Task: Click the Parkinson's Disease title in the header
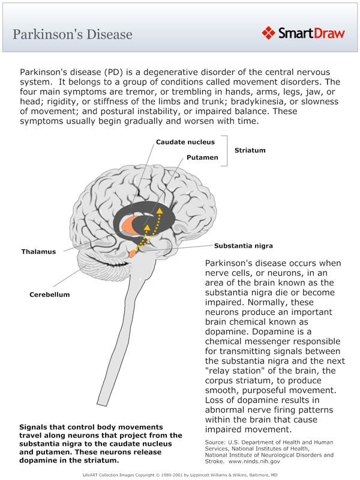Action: pos(73,34)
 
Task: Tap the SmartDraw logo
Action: pos(303,33)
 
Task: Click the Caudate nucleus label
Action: pos(181,142)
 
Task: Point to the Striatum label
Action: pos(250,150)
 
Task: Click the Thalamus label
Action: pos(38,251)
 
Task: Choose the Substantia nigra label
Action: pos(244,246)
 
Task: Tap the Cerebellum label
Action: pos(50,295)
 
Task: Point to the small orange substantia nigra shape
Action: pos(133,253)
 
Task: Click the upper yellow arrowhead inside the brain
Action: pos(160,210)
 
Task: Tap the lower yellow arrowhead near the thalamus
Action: pos(147,227)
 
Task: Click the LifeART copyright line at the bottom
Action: pos(180,474)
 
